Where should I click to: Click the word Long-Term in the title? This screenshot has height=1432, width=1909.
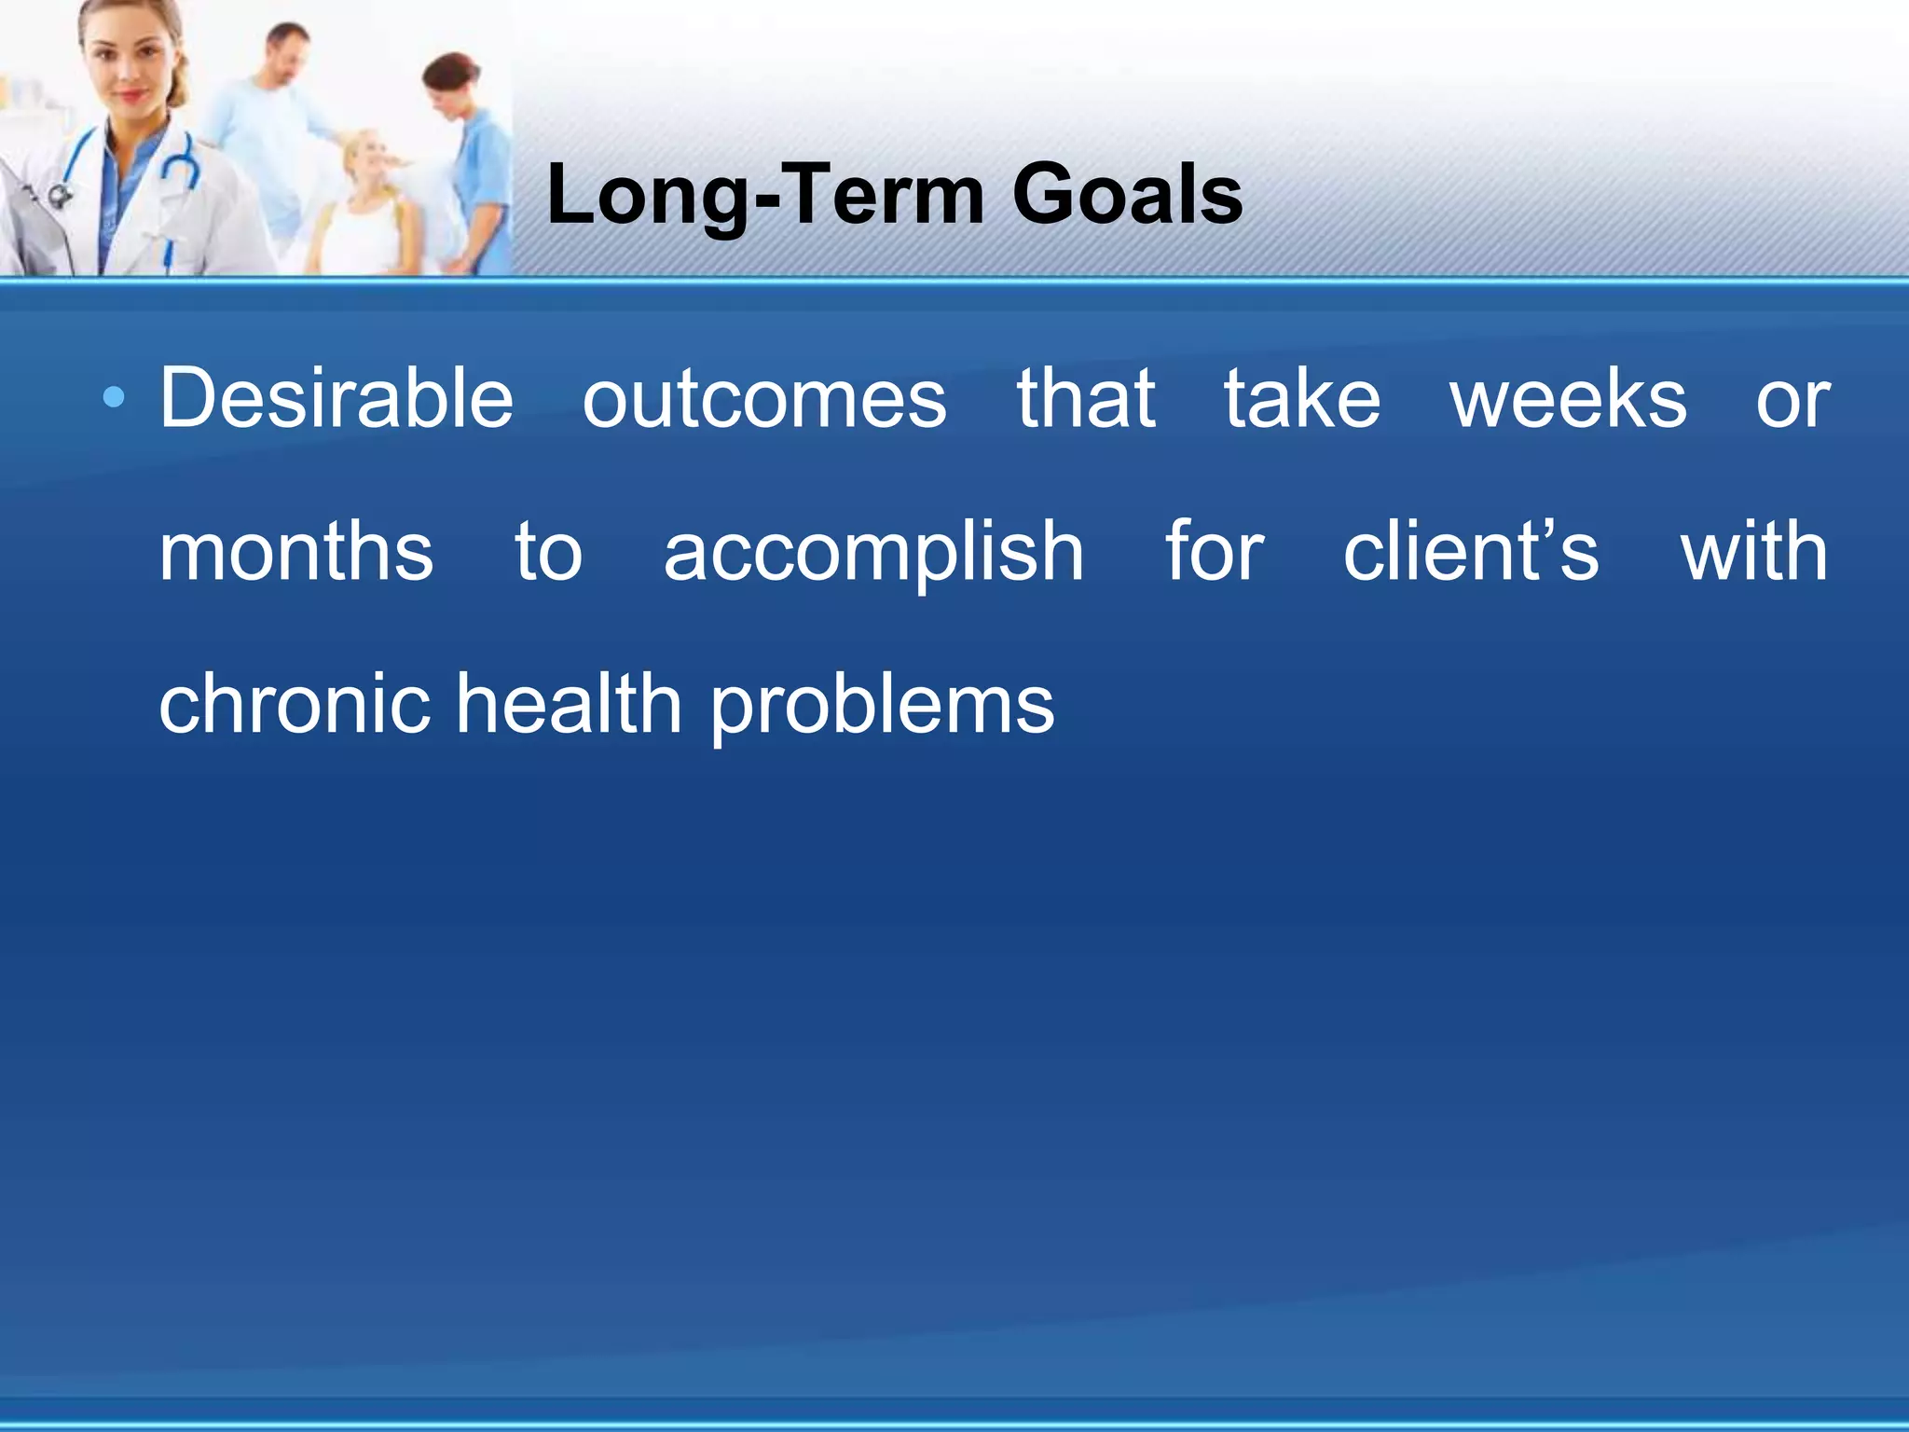pos(764,196)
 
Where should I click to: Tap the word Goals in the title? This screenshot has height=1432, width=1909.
pos(1127,196)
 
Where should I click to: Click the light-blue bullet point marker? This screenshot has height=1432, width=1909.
pos(114,399)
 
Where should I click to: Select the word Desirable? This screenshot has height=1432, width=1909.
pos(336,399)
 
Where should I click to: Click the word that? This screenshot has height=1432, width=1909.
pos(1086,399)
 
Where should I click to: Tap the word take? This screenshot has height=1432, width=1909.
pos(1301,399)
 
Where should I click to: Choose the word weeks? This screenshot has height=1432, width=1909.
pos(1568,399)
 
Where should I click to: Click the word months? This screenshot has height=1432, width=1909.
pos(295,552)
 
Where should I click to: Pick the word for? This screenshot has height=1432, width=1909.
pos(1215,552)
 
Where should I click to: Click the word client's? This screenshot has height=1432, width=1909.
pos(1470,552)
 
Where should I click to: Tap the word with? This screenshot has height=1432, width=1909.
pos(1753,552)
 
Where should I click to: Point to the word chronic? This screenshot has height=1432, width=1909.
pos(295,704)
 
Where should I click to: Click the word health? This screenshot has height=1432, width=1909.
pos(569,704)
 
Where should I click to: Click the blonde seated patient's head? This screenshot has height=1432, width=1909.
pos(368,158)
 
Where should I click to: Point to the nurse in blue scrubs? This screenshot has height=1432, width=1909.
pos(471,158)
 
